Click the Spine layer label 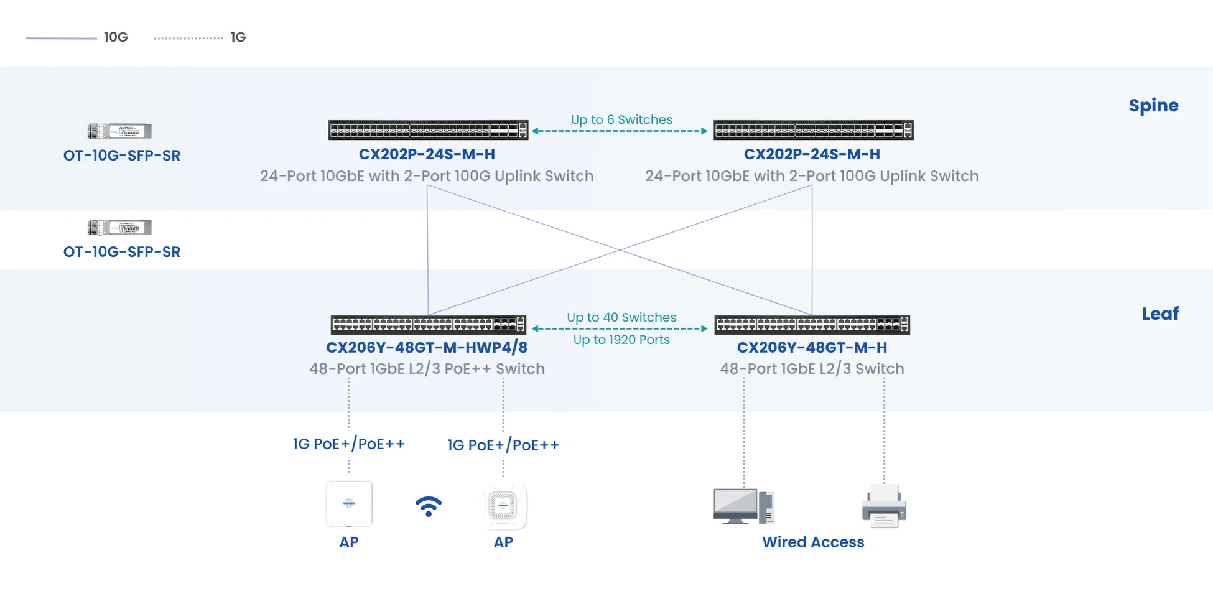[x=1153, y=106]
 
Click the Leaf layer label [x=1160, y=314]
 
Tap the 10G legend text [x=116, y=37]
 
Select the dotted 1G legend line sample [x=188, y=38]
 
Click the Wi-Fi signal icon [x=428, y=506]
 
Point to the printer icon [x=884, y=506]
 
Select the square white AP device [x=349, y=503]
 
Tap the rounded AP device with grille [x=503, y=506]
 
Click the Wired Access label [x=813, y=542]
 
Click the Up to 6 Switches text [x=621, y=119]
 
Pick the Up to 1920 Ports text [x=621, y=340]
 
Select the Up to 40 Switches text [x=621, y=317]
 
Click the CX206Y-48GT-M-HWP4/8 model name [x=427, y=347]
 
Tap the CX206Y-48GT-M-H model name [x=812, y=347]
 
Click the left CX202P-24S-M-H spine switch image [x=428, y=130]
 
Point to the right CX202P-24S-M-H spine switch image [x=813, y=130]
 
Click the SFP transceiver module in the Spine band [x=119, y=131]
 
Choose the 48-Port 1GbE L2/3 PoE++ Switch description [x=427, y=368]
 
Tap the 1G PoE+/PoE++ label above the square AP [x=349, y=444]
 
